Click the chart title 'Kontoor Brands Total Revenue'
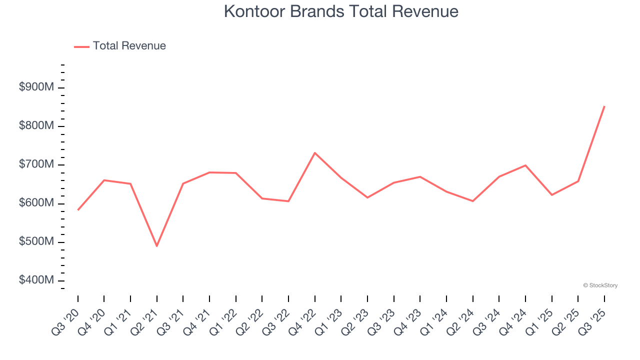(x=341, y=11)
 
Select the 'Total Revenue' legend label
(x=129, y=46)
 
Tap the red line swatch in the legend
(x=81, y=46)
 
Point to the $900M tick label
(x=36, y=87)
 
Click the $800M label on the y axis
(x=36, y=126)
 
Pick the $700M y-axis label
(x=36, y=164)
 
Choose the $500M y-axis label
(x=36, y=242)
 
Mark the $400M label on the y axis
(x=36, y=280)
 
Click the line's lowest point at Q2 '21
(x=157, y=246)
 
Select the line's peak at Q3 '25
(x=604, y=106)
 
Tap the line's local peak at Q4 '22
(x=315, y=152)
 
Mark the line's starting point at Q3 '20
(x=78, y=210)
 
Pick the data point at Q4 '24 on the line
(x=525, y=165)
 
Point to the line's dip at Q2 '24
(x=472, y=201)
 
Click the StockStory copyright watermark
(x=600, y=285)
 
